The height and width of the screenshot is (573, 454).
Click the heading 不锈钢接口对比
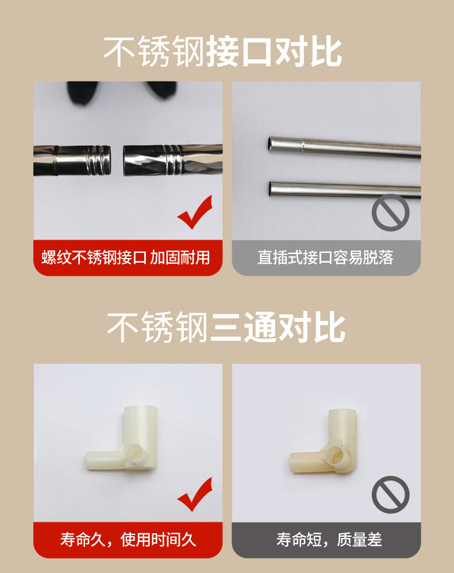(x=222, y=51)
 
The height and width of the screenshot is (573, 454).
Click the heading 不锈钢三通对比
(x=226, y=327)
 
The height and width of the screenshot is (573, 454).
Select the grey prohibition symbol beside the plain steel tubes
(x=390, y=212)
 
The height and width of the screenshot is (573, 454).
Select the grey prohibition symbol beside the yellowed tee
(x=390, y=494)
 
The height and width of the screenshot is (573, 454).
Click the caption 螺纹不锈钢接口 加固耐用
(x=126, y=257)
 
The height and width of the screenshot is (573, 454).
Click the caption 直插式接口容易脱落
(x=326, y=257)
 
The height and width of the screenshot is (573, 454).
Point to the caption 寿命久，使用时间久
(x=128, y=540)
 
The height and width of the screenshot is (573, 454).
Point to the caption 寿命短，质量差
(x=329, y=540)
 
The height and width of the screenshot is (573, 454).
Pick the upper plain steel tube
(x=344, y=148)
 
